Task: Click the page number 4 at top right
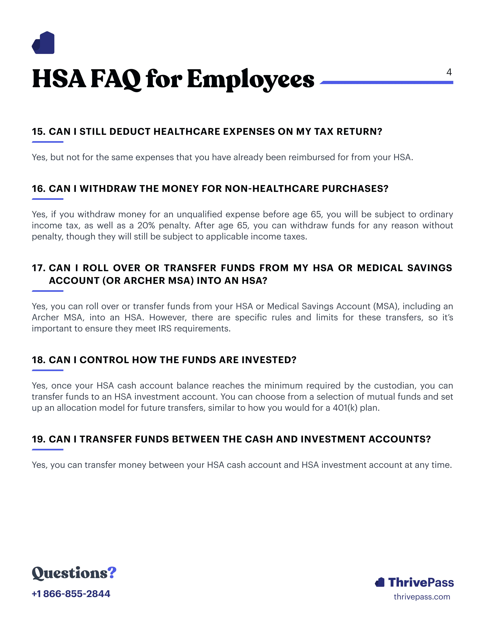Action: click(449, 72)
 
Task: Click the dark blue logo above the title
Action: click(43, 43)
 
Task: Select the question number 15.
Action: click(38, 132)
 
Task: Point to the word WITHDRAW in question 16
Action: click(108, 189)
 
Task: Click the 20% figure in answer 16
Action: click(146, 225)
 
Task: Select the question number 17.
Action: click(38, 268)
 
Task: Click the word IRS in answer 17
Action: click(165, 329)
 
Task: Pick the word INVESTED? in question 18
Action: click(269, 360)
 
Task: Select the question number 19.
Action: click(38, 439)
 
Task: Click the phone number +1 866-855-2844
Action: click(71, 594)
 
